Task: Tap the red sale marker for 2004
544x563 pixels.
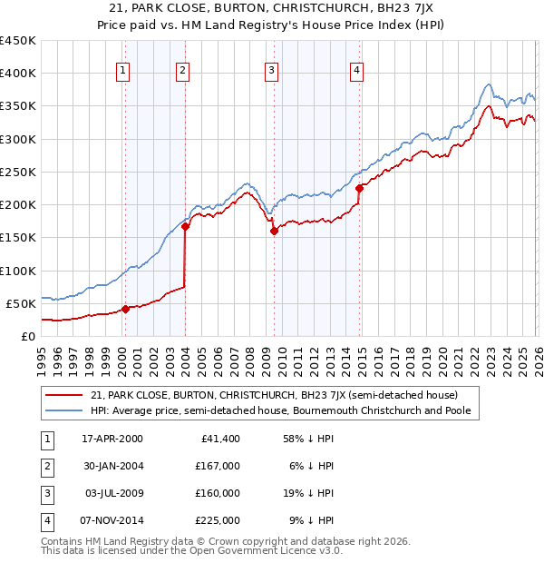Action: point(185,227)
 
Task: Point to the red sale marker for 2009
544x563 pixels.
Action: point(274,231)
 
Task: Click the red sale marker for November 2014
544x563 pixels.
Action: point(360,188)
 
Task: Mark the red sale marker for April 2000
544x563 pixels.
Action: point(125,309)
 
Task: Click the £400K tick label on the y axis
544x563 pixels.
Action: point(18,74)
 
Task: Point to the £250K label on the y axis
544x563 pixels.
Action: point(18,172)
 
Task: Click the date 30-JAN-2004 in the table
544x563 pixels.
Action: point(112,466)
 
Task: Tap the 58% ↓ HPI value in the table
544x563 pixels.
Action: point(306,439)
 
